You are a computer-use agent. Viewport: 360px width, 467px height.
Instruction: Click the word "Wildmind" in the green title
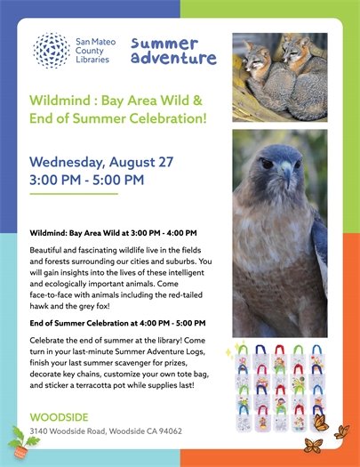coord(61,100)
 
